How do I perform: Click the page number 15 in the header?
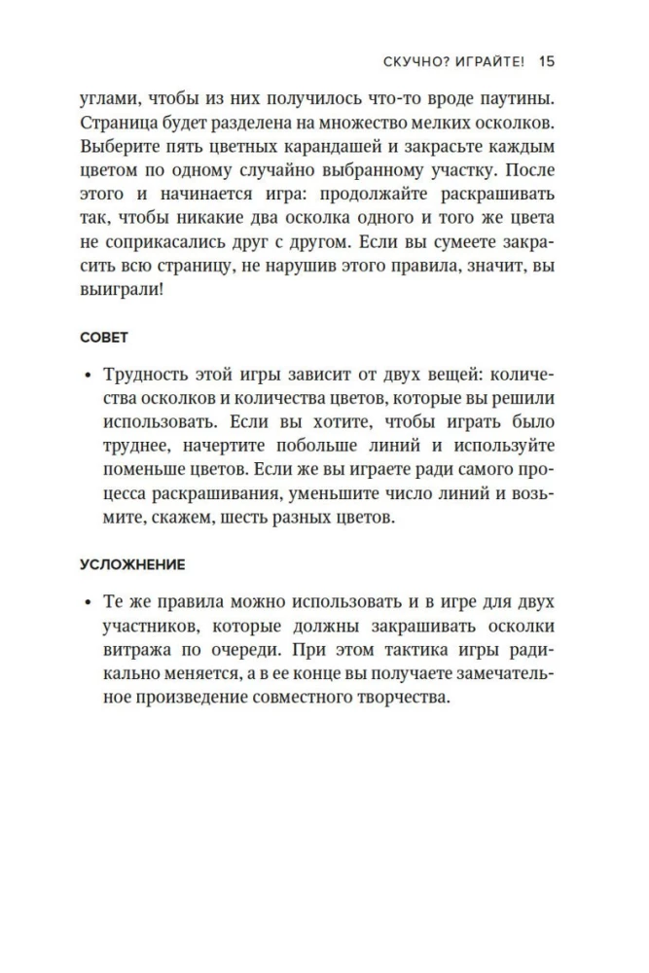(546, 61)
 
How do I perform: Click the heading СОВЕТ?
(104, 337)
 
